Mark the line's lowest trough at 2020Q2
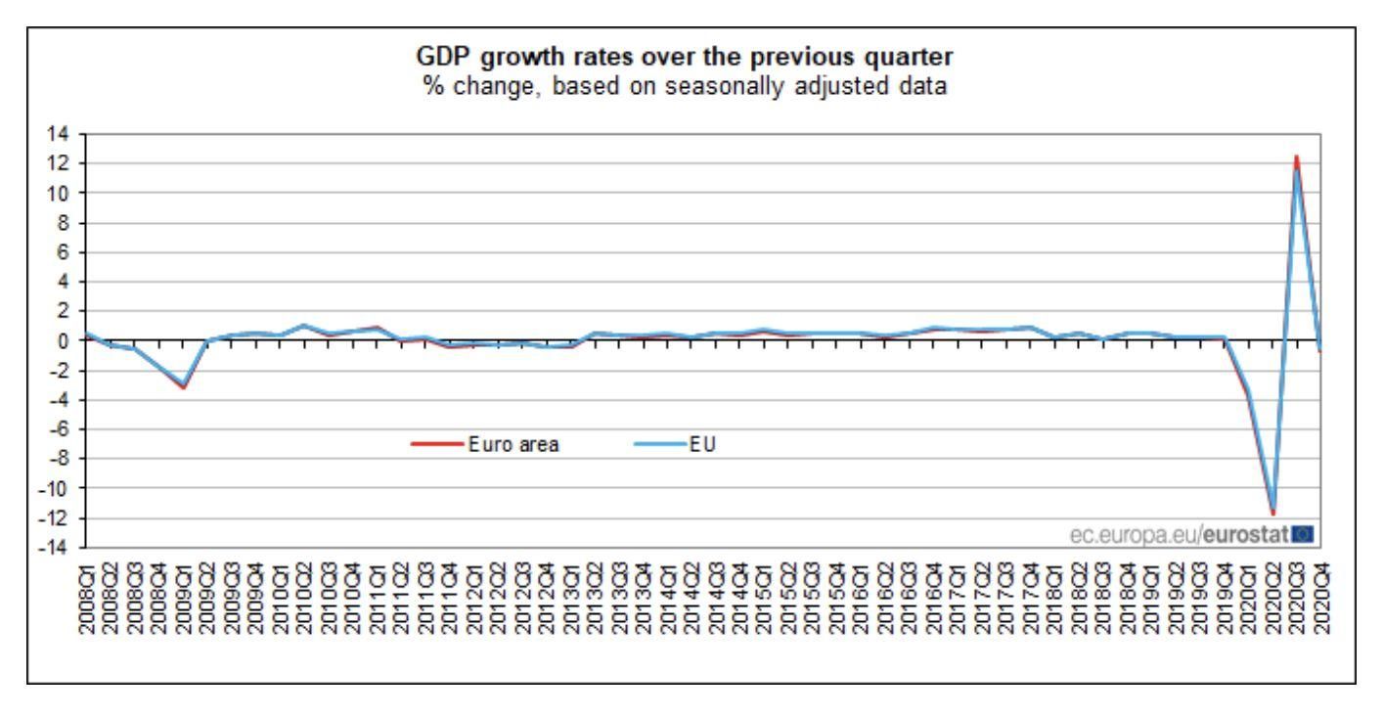(1273, 513)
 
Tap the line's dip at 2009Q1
(183, 386)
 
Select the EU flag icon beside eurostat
(1302, 534)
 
